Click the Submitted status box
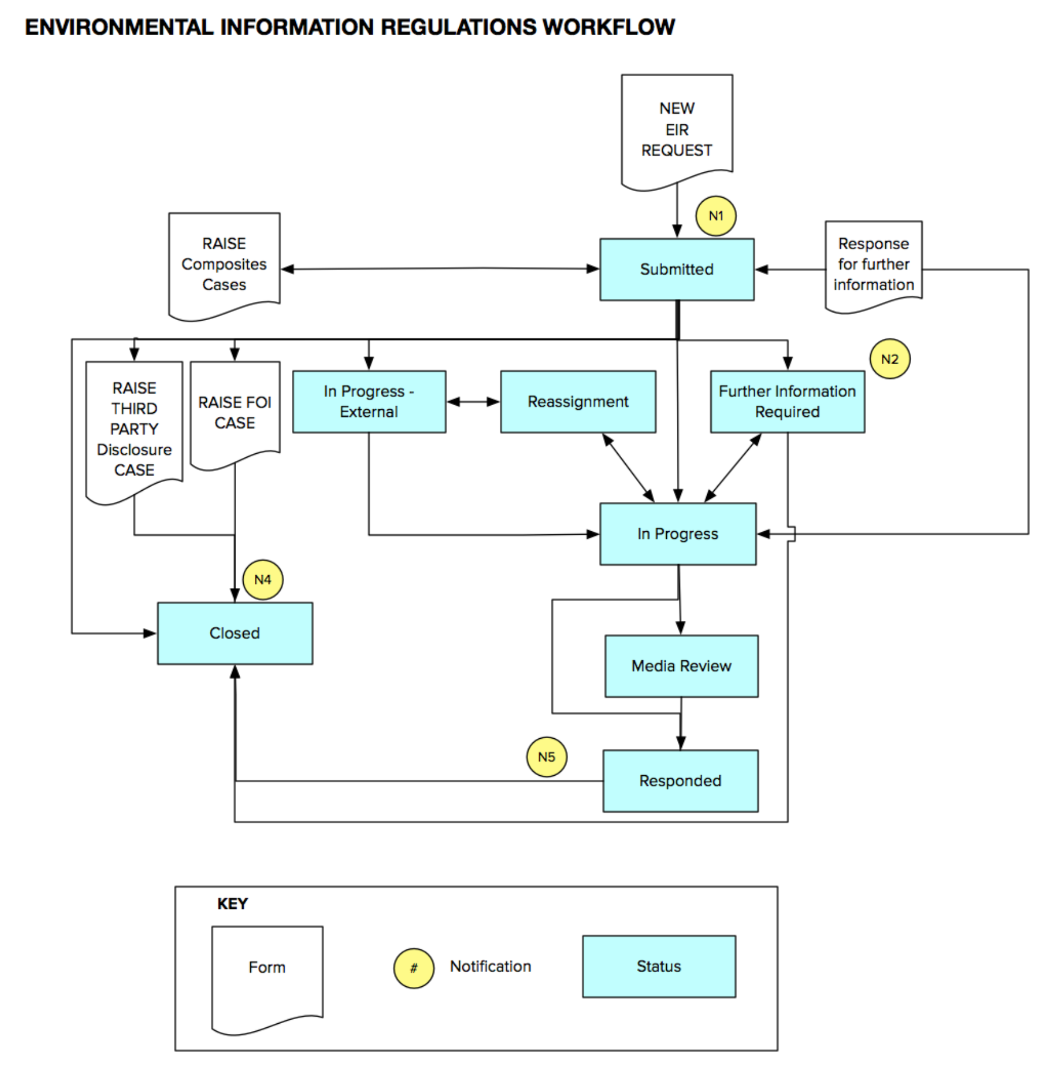(677, 269)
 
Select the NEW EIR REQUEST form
(677, 130)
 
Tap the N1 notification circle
(715, 216)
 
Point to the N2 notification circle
(889, 359)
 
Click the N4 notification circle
(262, 580)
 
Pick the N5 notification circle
(546, 757)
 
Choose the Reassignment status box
(578, 402)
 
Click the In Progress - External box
(369, 402)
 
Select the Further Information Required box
(787, 402)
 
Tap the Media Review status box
(681, 666)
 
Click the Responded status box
(680, 781)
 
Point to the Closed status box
(235, 633)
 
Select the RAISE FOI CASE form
(235, 413)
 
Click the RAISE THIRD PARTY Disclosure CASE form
(134, 429)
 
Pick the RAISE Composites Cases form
(224, 264)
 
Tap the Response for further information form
(874, 264)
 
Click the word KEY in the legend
(232, 904)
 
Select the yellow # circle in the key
(414, 968)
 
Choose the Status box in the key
(659, 966)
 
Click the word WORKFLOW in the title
(608, 27)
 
